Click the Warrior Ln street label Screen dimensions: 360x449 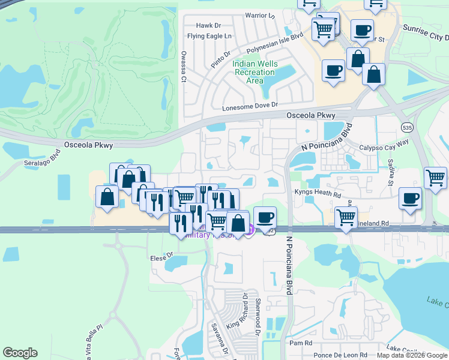(x=259, y=15)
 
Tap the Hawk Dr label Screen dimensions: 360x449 (x=209, y=26)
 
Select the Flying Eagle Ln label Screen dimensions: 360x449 (x=209, y=36)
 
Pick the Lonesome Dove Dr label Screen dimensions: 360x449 (x=250, y=106)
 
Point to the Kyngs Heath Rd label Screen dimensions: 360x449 (x=318, y=193)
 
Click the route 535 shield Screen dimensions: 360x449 (x=407, y=128)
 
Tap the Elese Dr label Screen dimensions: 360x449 (x=161, y=258)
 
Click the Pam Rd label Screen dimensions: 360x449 (x=301, y=343)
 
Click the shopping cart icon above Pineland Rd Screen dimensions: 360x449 (x=346, y=217)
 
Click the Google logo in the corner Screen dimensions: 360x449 (x=20, y=353)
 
